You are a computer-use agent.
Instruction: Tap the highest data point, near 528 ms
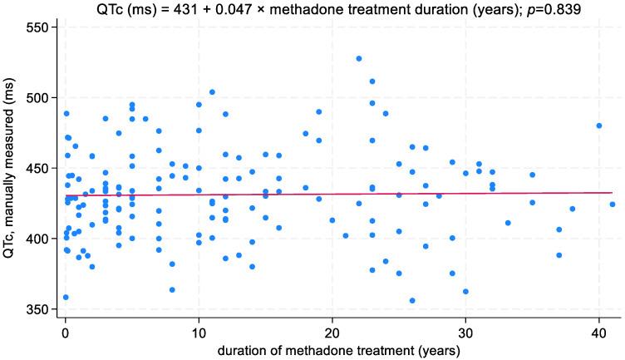tap(359, 58)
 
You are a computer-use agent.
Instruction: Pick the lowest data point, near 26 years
tap(412, 301)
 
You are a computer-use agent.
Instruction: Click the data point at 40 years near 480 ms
tap(598, 126)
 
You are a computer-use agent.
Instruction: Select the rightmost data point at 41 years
tap(612, 204)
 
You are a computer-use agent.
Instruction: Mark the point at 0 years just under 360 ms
tap(66, 298)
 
